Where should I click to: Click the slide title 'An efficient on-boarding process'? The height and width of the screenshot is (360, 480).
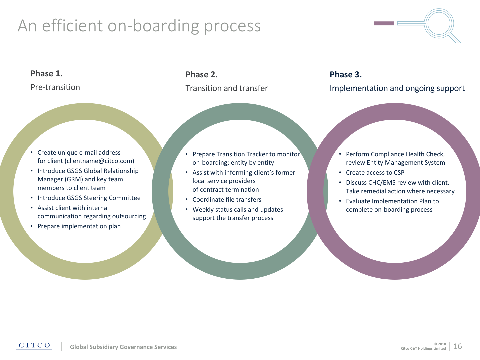click(x=139, y=26)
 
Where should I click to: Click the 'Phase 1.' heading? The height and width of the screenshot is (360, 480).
click(x=46, y=74)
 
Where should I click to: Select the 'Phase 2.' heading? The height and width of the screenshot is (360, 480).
click(x=201, y=75)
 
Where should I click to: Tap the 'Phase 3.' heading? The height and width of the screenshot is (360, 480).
click(x=346, y=75)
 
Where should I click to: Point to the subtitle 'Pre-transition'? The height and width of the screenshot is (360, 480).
click(x=55, y=87)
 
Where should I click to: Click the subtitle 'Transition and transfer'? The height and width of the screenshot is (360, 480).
click(x=227, y=88)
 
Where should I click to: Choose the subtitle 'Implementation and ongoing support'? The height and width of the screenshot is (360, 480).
click(x=397, y=88)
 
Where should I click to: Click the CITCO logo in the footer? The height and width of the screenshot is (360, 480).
click(x=34, y=346)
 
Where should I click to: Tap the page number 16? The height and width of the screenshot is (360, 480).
click(x=458, y=346)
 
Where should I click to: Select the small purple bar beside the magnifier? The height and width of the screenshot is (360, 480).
click(x=384, y=23)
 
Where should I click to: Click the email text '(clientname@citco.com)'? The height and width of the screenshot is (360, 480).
click(x=99, y=161)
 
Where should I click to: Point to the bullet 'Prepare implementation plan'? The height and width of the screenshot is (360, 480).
click(x=79, y=226)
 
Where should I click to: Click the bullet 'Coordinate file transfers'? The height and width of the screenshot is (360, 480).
click(x=227, y=200)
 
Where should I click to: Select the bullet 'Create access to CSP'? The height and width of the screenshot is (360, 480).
click(x=375, y=173)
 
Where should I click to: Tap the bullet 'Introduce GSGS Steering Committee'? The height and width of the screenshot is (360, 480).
click(x=89, y=198)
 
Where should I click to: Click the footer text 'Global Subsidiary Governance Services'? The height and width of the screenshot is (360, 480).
click(x=123, y=347)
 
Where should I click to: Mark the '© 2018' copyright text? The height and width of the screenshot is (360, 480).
click(x=440, y=344)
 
